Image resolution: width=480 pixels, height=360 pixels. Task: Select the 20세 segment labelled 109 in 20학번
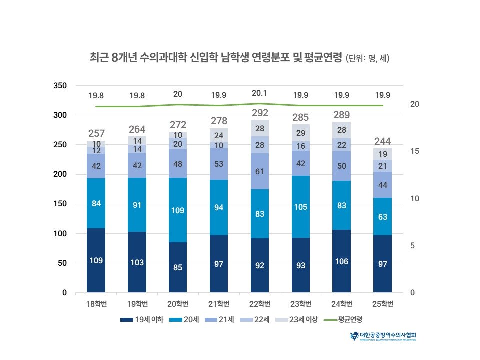178,210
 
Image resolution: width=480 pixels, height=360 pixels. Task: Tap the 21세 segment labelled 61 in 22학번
260,171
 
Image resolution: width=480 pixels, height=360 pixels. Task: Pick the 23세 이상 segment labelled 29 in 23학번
301,133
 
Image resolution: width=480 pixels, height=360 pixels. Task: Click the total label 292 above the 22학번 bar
260,112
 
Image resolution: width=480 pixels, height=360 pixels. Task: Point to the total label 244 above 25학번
383,141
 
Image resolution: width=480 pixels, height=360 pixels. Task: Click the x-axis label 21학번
219,304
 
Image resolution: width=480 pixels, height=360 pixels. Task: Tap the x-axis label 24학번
342,304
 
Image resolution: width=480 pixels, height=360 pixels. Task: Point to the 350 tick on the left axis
60,86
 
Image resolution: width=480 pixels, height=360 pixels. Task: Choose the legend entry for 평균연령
344,319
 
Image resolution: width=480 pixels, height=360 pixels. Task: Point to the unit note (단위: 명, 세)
367,58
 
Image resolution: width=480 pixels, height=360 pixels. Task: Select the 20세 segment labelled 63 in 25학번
383,217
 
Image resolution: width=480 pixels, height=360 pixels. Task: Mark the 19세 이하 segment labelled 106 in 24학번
342,261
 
